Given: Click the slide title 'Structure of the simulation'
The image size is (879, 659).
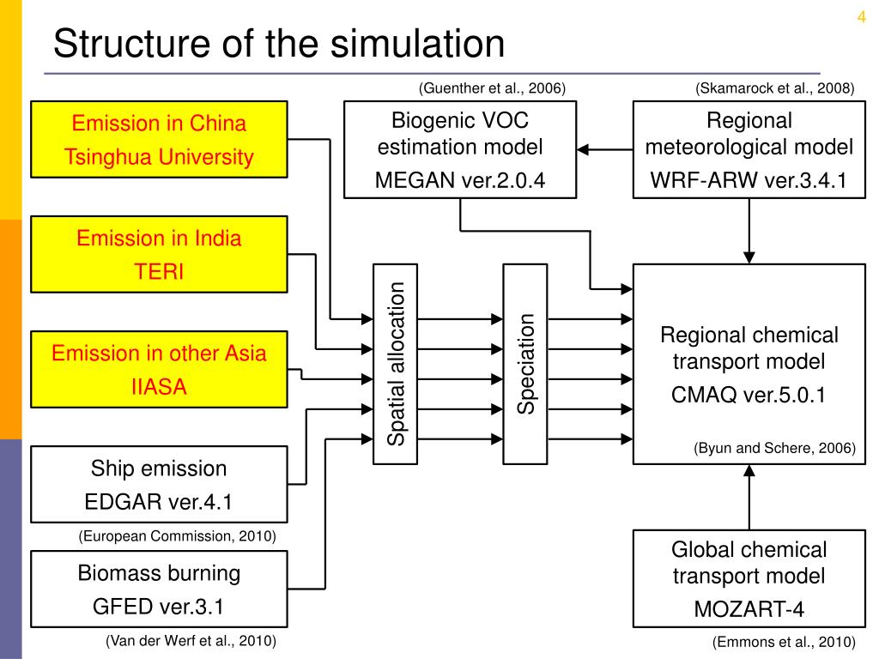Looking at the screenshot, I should tap(278, 44).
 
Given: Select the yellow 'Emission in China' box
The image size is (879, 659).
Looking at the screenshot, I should tap(159, 139).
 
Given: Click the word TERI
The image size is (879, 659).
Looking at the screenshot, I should tap(159, 272).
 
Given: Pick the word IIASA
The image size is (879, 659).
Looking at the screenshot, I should tap(159, 387).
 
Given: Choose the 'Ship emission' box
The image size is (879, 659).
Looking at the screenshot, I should tap(159, 484).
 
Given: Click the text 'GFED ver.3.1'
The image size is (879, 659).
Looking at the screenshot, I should tap(159, 608).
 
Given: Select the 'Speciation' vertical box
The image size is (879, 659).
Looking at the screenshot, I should tap(525, 364).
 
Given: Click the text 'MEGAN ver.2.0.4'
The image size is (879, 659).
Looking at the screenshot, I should tap(460, 180).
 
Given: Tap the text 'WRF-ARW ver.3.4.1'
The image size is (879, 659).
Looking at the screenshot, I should tap(749, 180).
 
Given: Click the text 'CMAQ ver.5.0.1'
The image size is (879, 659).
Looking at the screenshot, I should tap(749, 395).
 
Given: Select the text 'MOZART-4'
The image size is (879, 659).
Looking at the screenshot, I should tap(749, 610).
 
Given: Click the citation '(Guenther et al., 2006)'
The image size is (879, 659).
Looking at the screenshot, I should tap(492, 88).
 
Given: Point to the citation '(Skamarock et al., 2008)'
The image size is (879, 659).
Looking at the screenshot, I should tap(775, 88).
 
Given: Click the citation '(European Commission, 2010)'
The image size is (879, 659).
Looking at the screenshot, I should tap(178, 536).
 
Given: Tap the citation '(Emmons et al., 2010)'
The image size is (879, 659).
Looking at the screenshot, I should tap(784, 642).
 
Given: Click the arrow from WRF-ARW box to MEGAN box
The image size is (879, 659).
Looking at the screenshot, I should tap(604, 150).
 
